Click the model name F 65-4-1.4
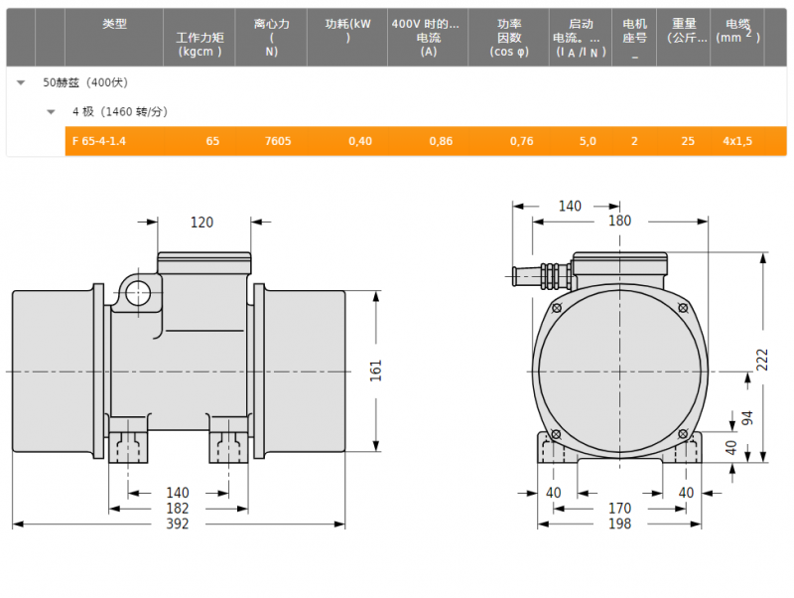(98, 141)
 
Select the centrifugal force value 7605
(278, 141)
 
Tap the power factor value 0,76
(522, 141)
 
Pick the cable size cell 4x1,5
(737, 141)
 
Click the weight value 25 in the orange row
(688, 141)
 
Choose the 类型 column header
(114, 23)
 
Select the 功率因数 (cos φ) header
(509, 37)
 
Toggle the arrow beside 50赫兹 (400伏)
(21, 82)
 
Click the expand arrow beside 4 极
(51, 112)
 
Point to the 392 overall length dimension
(178, 523)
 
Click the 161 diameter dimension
(375, 371)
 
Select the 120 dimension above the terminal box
(201, 222)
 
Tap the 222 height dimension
(762, 360)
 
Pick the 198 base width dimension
(619, 523)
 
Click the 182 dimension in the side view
(178, 509)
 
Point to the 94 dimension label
(747, 418)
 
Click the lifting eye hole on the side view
(138, 293)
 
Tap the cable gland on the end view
(543, 276)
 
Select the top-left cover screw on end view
(557, 308)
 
